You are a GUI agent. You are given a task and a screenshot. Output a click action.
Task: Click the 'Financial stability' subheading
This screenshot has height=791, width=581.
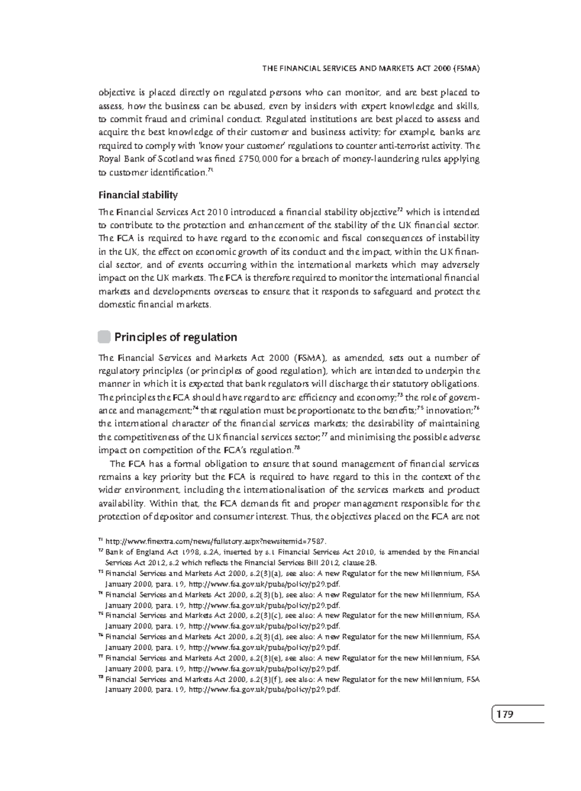coord(138,195)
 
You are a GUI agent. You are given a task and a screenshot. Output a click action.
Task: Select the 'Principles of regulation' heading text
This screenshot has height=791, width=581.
coord(175,337)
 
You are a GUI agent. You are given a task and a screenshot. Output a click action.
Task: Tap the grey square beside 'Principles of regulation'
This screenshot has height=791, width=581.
coord(104,337)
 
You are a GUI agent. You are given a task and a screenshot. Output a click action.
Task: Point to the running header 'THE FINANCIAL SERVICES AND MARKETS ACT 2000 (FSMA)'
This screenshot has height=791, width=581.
coord(370,69)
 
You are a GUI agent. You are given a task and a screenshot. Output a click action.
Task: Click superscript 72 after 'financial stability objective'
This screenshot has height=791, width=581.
coord(400,209)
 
